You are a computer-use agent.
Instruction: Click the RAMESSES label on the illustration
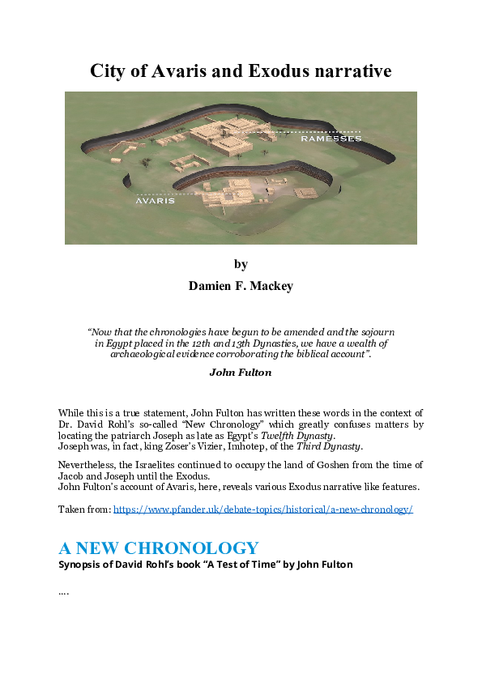coord(331,139)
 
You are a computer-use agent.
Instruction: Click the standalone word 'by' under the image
coord(241,264)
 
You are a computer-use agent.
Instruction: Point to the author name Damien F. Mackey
coord(241,286)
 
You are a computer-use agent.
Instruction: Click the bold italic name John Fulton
coord(241,373)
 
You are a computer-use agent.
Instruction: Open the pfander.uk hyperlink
coord(263,509)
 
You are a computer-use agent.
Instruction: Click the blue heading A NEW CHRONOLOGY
coord(159,548)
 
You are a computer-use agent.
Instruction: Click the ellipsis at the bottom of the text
coord(64,593)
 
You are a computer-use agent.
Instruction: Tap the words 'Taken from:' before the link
coord(84,509)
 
